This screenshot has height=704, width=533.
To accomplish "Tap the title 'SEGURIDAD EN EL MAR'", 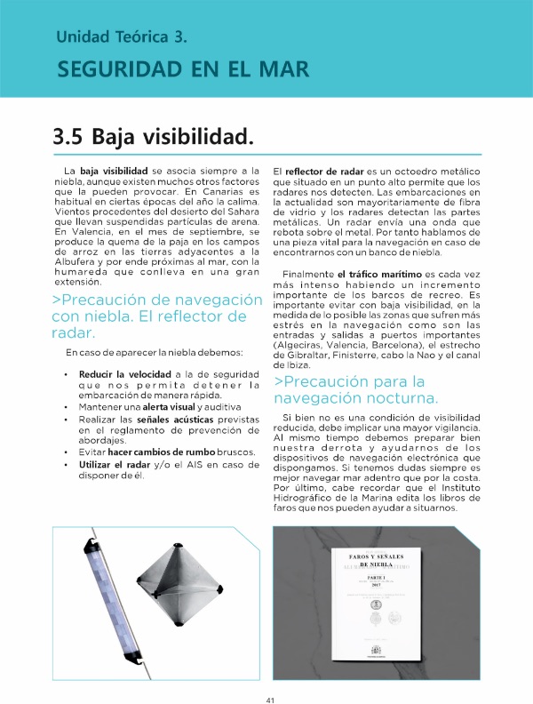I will click(181, 69).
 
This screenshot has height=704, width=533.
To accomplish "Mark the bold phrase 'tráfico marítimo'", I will click(381, 275).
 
